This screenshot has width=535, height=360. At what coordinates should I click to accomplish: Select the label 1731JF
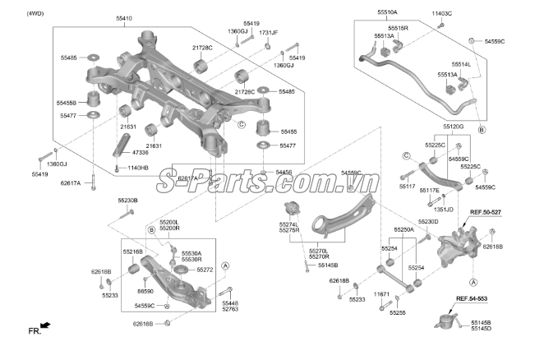[x=269, y=33]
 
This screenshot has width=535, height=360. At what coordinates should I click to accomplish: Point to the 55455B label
[x=67, y=103]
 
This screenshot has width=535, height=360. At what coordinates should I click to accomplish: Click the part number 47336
[x=140, y=152]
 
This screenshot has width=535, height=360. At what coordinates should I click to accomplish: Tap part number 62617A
[x=71, y=183]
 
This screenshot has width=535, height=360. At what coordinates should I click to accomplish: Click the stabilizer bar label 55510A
[x=387, y=13]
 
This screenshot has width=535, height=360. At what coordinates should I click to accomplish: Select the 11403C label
[x=441, y=14]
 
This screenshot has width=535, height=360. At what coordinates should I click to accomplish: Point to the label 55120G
[x=453, y=127]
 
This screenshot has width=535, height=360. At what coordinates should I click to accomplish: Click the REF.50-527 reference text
[x=484, y=212]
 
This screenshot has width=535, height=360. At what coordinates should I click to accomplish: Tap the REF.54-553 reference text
[x=472, y=298]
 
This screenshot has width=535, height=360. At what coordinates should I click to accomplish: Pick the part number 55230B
[x=127, y=201]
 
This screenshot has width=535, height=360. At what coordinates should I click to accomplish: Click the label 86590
[x=145, y=291]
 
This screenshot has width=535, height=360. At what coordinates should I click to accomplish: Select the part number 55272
[x=205, y=270]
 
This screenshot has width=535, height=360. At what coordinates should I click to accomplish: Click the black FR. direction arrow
[x=44, y=327]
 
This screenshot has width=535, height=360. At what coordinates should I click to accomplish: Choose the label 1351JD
[x=443, y=209]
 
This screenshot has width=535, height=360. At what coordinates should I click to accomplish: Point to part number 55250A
[x=404, y=230]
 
